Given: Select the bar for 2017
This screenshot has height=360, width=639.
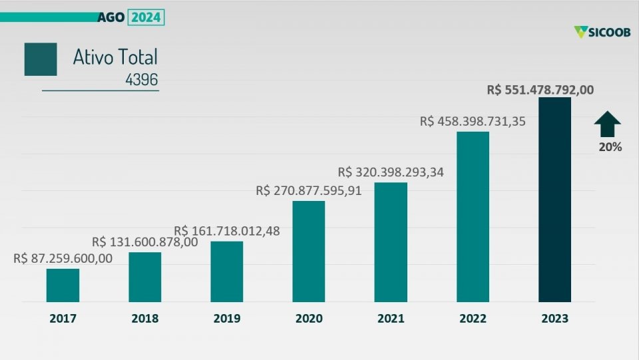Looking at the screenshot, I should tap(63, 285).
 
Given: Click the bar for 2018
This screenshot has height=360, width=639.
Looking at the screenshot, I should tap(145, 277).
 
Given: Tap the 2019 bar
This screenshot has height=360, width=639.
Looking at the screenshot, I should tap(227, 271).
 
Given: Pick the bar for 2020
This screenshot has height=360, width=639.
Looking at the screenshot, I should tap(309, 252).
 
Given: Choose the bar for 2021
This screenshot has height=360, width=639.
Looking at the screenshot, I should tap(391, 242).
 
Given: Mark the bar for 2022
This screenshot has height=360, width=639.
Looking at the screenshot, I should tap(473, 217).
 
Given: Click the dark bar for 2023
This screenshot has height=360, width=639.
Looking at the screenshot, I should tap(554, 200).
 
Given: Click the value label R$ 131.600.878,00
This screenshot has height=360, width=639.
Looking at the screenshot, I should tap(144, 242).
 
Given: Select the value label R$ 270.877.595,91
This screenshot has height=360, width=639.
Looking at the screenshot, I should tap(308, 191).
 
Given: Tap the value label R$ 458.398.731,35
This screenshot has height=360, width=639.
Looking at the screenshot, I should tap(473, 122).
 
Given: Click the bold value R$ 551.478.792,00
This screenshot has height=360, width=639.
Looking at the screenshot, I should tap(540, 89).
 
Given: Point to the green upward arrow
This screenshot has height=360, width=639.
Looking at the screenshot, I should tap(607, 124).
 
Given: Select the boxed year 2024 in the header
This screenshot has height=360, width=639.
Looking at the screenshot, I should tap(146, 17).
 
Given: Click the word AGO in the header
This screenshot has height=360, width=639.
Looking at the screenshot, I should tap(110, 17).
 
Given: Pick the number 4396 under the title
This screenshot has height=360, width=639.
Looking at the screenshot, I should tap(141, 81).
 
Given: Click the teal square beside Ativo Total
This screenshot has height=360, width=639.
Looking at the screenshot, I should tap(41, 59).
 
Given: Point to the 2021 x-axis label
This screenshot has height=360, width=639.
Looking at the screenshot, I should tap(391, 319).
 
